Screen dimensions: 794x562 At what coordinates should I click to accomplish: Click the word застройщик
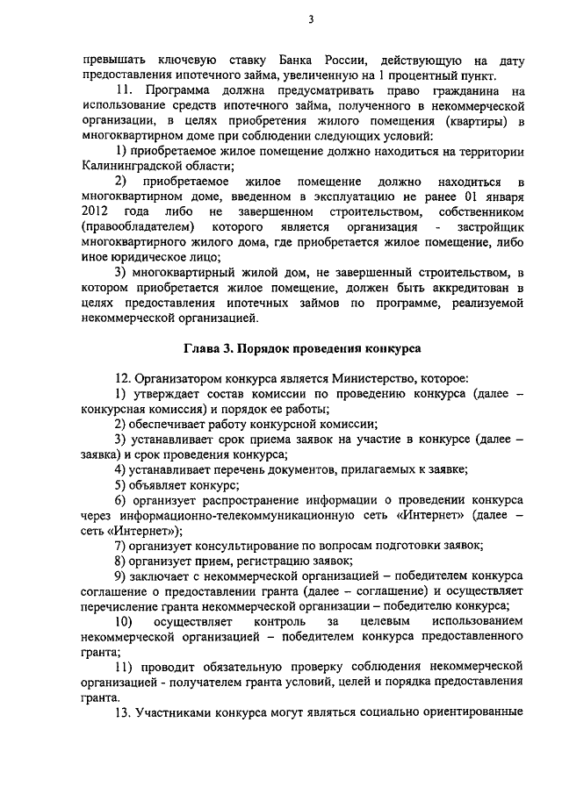click(x=492, y=229)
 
